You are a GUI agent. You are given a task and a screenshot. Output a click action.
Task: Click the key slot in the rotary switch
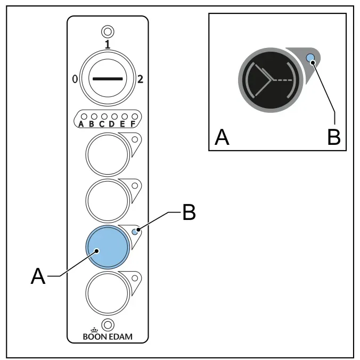pos(108,79)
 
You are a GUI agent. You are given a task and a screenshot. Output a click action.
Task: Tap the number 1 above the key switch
pos(108,44)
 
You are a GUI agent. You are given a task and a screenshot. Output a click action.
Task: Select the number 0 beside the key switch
pos(75,79)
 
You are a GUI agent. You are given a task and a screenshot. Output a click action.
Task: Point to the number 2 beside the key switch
pos(140,79)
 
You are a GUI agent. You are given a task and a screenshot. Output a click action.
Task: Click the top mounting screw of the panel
pos(108,31)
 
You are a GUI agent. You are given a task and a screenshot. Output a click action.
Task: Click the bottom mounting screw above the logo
pos(108,325)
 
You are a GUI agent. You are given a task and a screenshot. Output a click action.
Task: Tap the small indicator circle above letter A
pos(84,117)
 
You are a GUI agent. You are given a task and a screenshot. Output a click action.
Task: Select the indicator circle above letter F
pos(135,117)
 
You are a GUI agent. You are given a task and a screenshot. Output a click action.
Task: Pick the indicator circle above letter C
pos(104,117)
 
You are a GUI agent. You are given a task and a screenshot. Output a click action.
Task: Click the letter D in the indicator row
pos(112,124)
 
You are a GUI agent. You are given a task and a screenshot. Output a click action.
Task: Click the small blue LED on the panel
pos(135,232)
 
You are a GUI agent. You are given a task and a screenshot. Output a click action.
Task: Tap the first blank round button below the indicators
pos(108,154)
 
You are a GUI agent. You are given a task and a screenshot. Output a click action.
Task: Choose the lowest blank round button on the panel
pos(108,293)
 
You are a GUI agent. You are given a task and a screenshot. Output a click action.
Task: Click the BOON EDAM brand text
pos(108,337)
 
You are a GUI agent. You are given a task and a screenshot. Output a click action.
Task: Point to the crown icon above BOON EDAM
pos(94,330)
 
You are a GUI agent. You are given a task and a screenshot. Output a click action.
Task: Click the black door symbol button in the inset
pos(271,80)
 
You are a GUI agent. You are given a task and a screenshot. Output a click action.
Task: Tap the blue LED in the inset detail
pos(310,58)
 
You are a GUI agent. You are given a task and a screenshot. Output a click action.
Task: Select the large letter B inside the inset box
pos(334,137)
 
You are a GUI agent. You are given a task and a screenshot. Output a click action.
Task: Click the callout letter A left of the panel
pos(38,276)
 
